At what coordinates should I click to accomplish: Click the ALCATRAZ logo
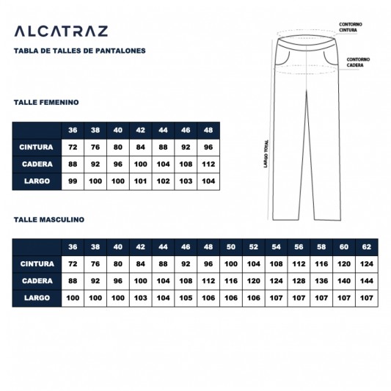[61, 31]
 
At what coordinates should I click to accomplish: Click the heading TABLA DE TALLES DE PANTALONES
[79, 51]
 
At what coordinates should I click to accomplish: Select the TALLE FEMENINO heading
[46, 103]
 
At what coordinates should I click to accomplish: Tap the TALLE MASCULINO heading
[49, 219]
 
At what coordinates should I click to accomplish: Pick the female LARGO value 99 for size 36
[73, 180]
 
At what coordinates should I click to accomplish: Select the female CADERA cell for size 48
[208, 164]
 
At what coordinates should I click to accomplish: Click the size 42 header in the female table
[140, 130]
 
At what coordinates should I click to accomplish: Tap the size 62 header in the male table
[367, 246]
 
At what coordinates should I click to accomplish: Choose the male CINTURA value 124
[367, 264]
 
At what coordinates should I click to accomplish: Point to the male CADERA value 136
[321, 281]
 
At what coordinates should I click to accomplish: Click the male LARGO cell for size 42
[140, 298]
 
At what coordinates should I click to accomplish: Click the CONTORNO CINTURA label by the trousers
[350, 27]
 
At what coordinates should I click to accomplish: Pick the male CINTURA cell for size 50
[231, 264]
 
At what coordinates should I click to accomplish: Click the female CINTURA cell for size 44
[163, 147]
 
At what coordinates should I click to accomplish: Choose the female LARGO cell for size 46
[186, 180]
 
